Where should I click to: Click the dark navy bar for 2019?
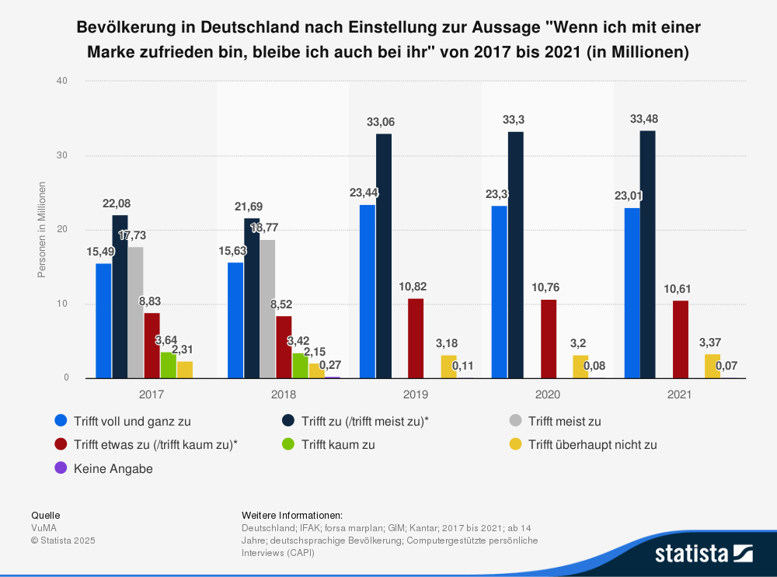click(383, 256)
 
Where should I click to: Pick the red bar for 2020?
click(548, 339)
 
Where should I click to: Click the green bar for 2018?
click(299, 366)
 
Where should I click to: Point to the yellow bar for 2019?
click(448, 367)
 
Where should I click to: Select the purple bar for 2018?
click(333, 377)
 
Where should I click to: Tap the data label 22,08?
click(119, 203)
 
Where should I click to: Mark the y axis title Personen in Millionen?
click(43, 229)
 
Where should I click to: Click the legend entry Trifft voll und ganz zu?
click(132, 422)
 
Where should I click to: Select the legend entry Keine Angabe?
click(113, 468)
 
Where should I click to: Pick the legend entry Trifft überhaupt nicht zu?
click(592, 445)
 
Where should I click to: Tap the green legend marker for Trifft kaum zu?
click(287, 445)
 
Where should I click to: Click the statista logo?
click(703, 553)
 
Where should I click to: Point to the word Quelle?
click(45, 515)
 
